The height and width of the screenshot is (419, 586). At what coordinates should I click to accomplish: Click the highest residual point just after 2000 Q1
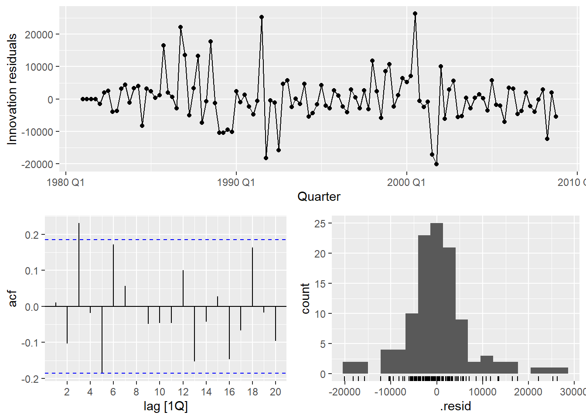[415, 14]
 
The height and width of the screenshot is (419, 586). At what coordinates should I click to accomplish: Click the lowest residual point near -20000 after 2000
[436, 164]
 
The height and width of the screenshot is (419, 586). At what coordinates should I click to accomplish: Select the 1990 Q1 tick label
[236, 182]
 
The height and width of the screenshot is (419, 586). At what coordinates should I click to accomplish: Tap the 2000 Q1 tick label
[406, 182]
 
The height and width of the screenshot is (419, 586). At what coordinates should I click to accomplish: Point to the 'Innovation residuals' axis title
[12, 89]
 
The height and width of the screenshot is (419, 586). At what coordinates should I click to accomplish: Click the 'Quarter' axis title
[319, 197]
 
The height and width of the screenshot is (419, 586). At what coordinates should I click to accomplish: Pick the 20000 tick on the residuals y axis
[39, 34]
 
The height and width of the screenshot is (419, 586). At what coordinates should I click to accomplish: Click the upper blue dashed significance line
[174, 240]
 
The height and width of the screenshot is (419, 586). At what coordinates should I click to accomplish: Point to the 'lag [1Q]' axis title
[166, 407]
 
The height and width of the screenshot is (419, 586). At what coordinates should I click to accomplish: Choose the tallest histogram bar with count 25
[436, 299]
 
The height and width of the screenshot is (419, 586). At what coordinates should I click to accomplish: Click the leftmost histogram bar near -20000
[355, 368]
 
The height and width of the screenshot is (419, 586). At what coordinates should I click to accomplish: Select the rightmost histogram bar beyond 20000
[549, 371]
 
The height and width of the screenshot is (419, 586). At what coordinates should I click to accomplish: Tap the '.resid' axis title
[456, 407]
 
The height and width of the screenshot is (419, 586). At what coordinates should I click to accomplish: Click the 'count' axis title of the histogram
[305, 299]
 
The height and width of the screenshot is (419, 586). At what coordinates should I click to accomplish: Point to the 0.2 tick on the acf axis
[32, 235]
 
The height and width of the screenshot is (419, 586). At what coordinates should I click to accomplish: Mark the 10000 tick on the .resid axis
[482, 392]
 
